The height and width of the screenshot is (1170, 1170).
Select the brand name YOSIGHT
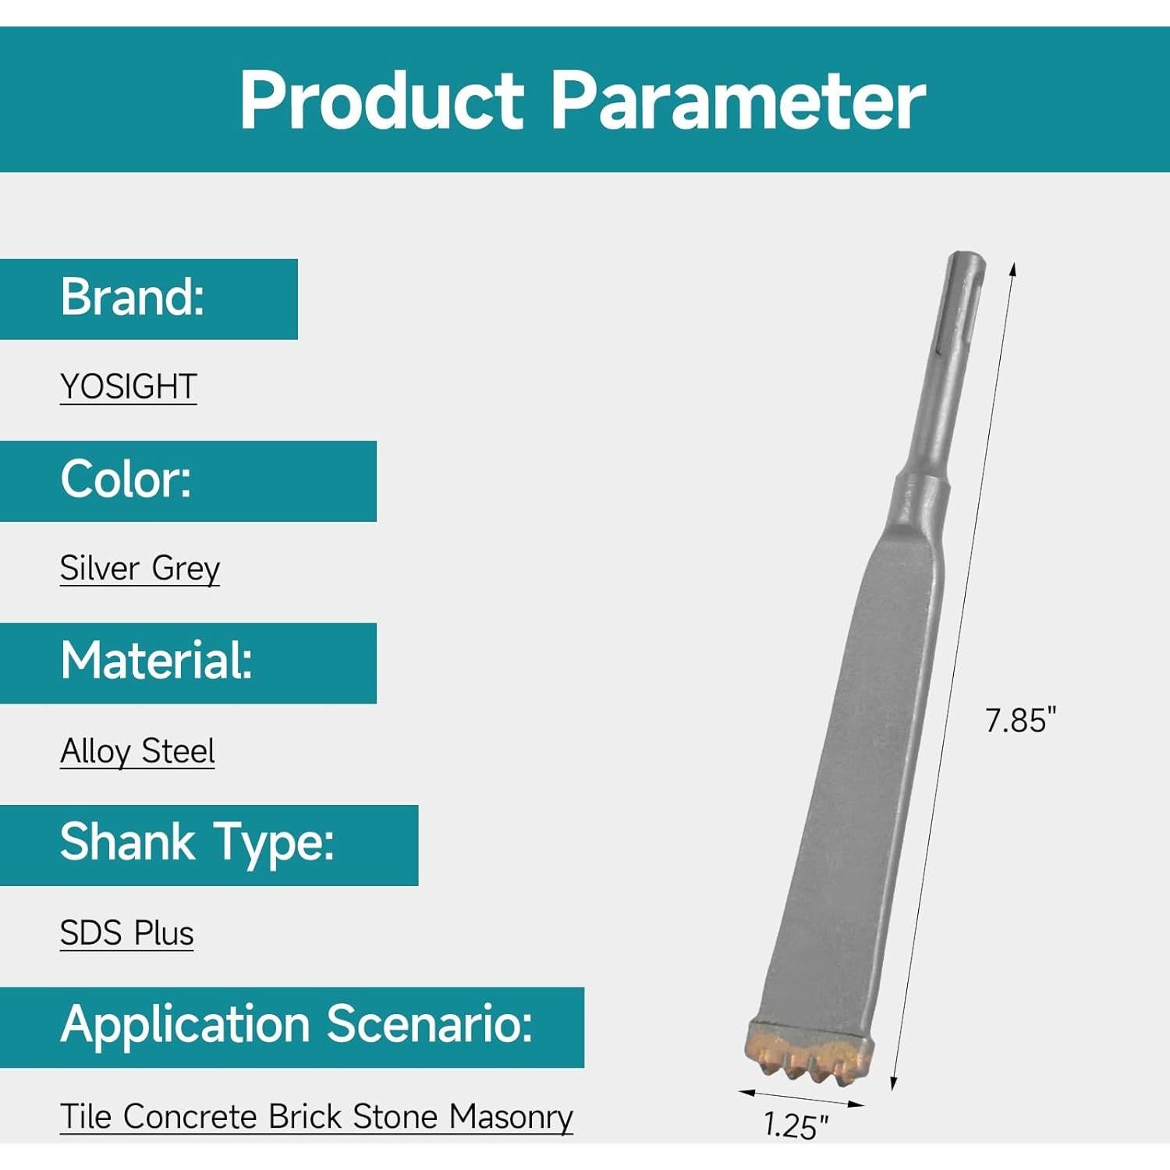(x=129, y=386)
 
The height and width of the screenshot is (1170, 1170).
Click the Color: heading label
(x=126, y=479)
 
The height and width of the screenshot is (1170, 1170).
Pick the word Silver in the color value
(x=100, y=568)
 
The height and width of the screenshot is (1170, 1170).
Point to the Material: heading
(x=157, y=661)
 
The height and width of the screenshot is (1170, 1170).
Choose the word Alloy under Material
(x=96, y=751)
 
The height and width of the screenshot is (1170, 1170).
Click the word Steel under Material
(x=178, y=751)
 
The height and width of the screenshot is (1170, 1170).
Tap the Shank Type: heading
(x=197, y=843)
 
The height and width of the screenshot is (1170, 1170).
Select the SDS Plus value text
(x=127, y=934)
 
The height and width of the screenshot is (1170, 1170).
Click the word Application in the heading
(x=186, y=1025)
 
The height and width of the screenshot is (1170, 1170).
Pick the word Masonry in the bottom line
(x=511, y=1118)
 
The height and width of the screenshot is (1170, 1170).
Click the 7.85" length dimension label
(x=1020, y=720)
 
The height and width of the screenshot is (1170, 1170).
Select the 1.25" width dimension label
(x=796, y=1126)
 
